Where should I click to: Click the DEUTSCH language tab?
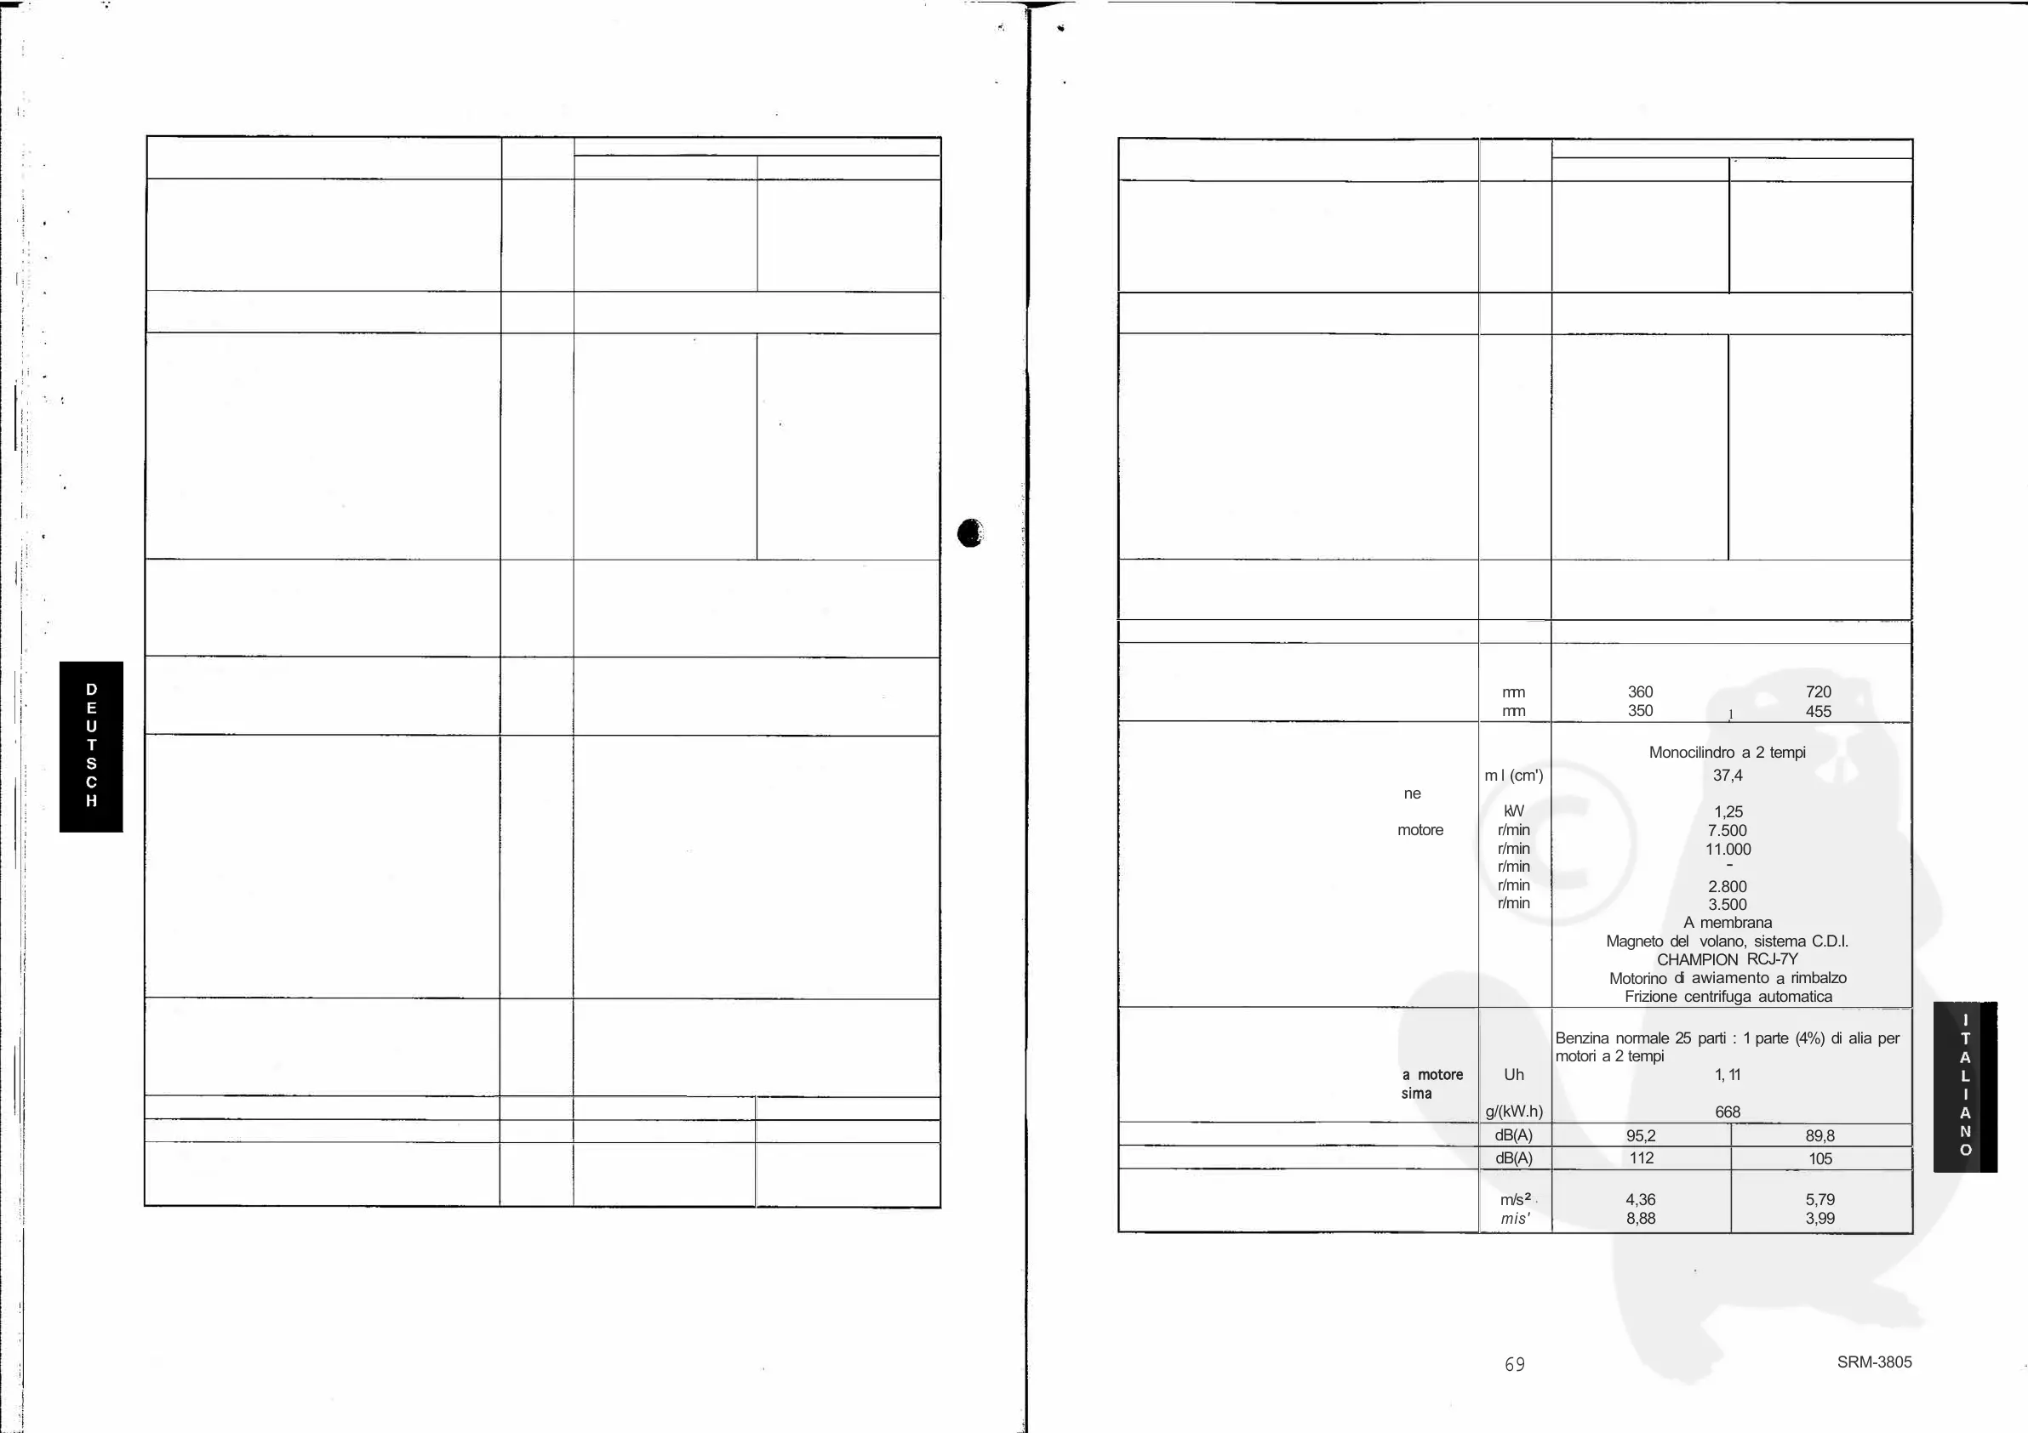91,746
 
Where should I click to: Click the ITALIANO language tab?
1964,1086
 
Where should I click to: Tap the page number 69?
1514,1364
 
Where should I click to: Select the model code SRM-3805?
1874,1362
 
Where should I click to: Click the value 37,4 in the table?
1727,776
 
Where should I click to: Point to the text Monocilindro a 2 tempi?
1727,753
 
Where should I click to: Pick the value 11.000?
1727,850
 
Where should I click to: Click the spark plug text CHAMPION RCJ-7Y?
1727,958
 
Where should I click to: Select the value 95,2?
1640,1135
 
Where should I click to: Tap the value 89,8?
1819,1135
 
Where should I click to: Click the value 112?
1640,1157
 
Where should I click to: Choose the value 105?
1819,1158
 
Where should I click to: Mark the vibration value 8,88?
1640,1219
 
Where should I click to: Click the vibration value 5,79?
1819,1199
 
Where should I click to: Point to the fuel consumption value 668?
1727,1112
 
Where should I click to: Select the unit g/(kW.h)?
1514,1112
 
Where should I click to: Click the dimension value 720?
1818,691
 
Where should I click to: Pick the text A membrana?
1727,923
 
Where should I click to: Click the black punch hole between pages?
970,532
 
